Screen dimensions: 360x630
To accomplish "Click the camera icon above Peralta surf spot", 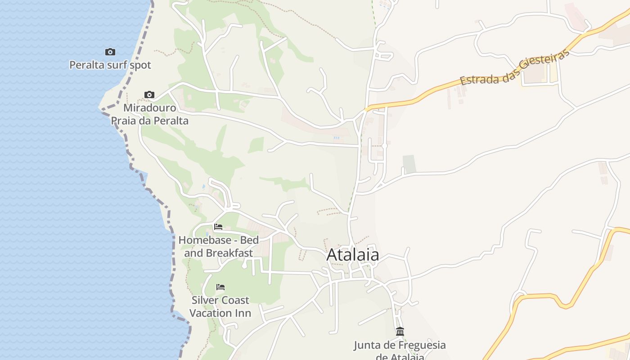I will (x=110, y=52).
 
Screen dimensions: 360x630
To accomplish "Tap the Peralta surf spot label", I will (x=110, y=65).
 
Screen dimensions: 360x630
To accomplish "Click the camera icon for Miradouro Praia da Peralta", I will (x=149, y=94).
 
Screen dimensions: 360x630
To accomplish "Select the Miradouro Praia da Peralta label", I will (x=150, y=114).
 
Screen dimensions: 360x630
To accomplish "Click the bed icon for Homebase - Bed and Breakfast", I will (x=218, y=227).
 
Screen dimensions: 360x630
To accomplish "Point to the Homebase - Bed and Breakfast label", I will (x=219, y=246).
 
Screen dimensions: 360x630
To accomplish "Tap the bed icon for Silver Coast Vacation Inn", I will (x=220, y=287).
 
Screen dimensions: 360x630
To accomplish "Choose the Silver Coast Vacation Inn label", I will (x=220, y=306).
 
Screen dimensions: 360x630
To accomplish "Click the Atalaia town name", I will (x=353, y=255).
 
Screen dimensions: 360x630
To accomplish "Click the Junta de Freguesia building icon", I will (x=400, y=332).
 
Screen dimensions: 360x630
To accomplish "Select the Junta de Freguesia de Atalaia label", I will (x=400, y=351).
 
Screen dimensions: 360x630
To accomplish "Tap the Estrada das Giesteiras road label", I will (x=515, y=67).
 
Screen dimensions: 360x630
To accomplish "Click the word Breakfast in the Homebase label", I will (x=230, y=253).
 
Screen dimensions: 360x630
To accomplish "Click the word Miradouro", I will (x=150, y=108).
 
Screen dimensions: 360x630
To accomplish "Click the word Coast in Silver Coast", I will (x=232, y=300).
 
